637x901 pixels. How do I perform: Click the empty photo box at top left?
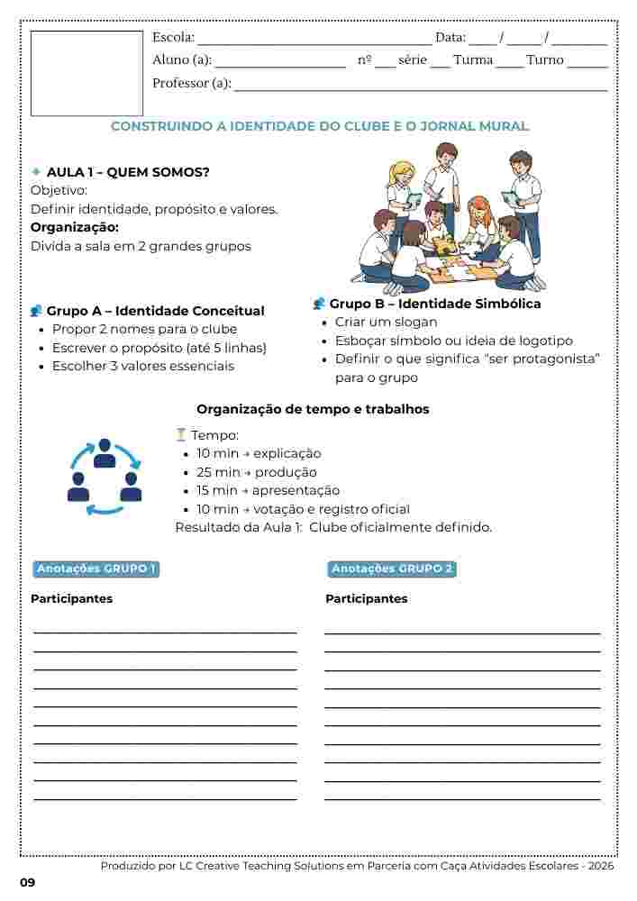(x=86, y=73)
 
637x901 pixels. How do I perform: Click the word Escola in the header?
(x=173, y=38)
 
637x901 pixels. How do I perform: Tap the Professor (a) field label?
(x=192, y=84)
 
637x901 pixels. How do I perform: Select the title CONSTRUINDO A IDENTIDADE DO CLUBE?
(x=319, y=127)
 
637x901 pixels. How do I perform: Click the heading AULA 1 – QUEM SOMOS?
(x=128, y=172)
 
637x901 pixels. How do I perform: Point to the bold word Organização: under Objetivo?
(x=75, y=227)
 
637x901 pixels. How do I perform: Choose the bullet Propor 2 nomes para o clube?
(x=144, y=330)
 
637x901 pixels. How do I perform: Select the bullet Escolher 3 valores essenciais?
(x=142, y=367)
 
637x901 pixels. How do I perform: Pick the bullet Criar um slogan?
(x=386, y=323)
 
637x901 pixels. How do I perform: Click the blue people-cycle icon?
(x=105, y=477)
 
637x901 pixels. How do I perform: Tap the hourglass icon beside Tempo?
(x=181, y=435)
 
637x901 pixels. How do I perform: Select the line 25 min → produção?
(x=256, y=472)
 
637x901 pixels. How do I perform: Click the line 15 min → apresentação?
(x=268, y=491)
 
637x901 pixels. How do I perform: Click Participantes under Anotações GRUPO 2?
(x=366, y=599)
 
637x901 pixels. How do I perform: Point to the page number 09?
(x=27, y=882)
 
